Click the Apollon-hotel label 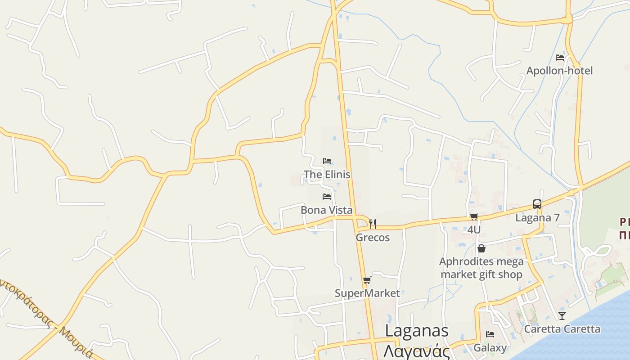559,71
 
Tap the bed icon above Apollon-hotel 560,57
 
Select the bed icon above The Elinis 327,161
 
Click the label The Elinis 327,174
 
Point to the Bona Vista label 326,210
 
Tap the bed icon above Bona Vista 327,196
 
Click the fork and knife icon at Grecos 373,224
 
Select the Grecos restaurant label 373,237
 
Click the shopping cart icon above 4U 474,217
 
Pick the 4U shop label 474,229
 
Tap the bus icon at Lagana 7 537,204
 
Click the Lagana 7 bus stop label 537,218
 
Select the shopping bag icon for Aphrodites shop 481,248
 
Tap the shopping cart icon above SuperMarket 367,280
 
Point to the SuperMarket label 367,293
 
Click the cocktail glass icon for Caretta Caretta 562,315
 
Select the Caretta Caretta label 562,329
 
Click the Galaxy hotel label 490,348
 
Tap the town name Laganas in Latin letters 417,331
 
